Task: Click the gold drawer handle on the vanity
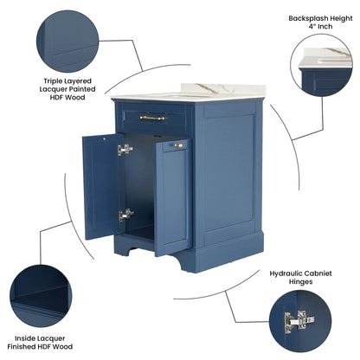coord(152,118)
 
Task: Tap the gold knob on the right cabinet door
coord(178,145)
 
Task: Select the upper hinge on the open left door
coord(125,150)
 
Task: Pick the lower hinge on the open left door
coord(126,215)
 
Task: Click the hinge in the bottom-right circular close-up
coord(299,321)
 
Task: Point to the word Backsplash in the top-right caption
coord(308,18)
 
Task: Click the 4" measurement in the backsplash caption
coord(312,27)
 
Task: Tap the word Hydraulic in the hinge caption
coord(286,273)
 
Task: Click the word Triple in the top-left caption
coord(53,81)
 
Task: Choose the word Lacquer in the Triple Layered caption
coord(53,89)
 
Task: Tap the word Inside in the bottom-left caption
coord(25,338)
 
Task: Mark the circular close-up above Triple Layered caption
coord(67,42)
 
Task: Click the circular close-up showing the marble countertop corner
coord(321,65)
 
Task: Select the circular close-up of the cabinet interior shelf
coord(41,296)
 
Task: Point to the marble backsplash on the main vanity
coord(222,89)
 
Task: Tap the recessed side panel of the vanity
coord(229,170)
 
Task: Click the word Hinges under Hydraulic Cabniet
coord(300,281)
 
